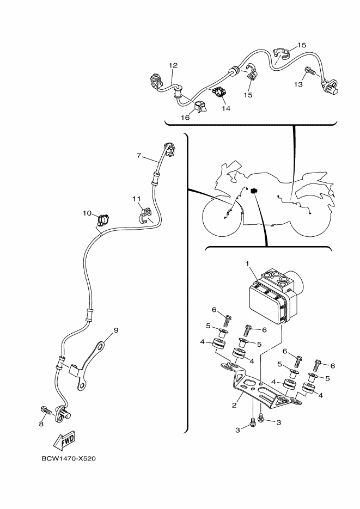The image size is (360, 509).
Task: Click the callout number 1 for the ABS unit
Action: click(247, 264)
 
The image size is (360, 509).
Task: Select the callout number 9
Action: click(115, 330)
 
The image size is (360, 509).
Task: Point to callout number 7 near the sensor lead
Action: click(139, 156)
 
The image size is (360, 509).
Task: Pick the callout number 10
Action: click(87, 213)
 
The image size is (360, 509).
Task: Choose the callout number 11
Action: click(137, 198)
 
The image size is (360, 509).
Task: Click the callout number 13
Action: click(298, 84)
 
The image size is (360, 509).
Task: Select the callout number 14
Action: click(225, 108)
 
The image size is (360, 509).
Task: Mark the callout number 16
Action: click(185, 117)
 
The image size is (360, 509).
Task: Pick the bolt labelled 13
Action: click(309, 71)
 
